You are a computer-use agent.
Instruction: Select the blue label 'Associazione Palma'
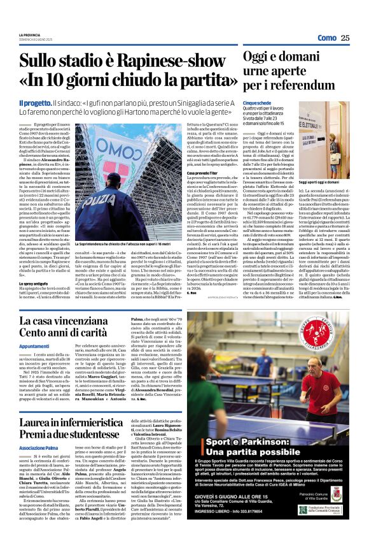click(x=41, y=448)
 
